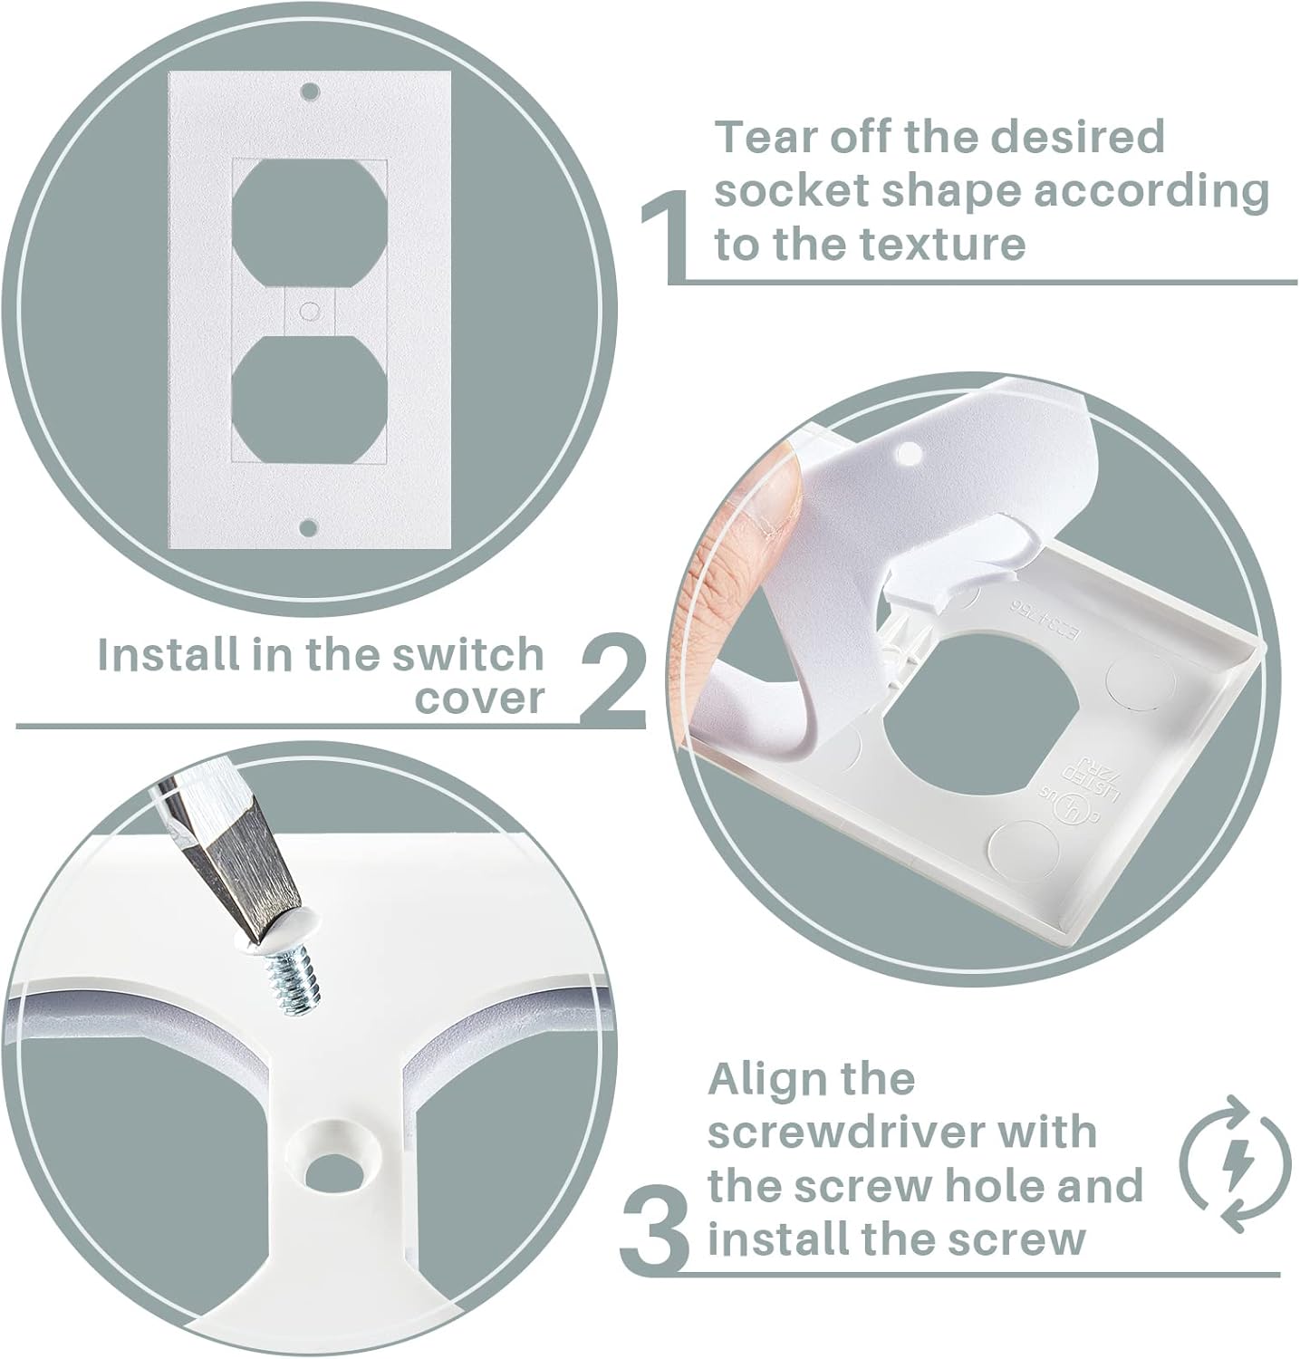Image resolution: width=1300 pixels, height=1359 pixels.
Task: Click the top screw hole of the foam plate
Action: [310, 92]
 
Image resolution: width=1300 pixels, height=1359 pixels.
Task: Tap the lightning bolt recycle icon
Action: [1234, 1163]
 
